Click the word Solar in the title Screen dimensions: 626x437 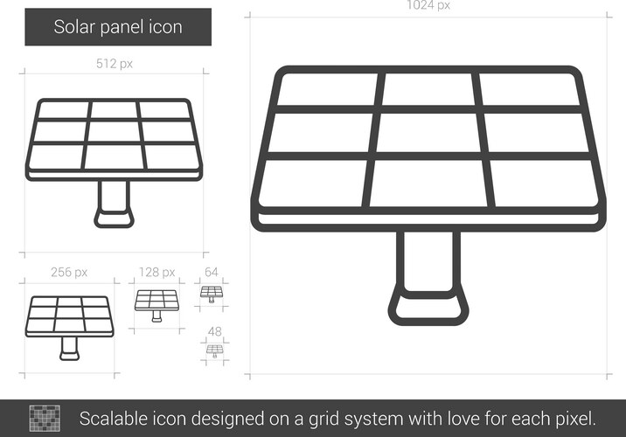pyautogui.click(x=74, y=27)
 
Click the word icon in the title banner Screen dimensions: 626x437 pyautogui.click(x=165, y=27)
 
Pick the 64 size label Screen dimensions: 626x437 pyautogui.click(x=212, y=272)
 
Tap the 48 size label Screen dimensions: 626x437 pyautogui.click(x=215, y=331)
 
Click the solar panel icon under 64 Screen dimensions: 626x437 pyautogui.click(x=212, y=295)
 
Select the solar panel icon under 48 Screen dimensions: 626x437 pyautogui.click(x=215, y=351)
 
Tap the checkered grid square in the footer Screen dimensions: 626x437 pyautogui.click(x=45, y=419)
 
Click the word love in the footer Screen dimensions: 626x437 pyautogui.click(x=463, y=419)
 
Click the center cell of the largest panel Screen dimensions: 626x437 pyautogui.click(x=428, y=133)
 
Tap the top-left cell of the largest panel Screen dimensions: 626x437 pyautogui.click(x=328, y=89)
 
